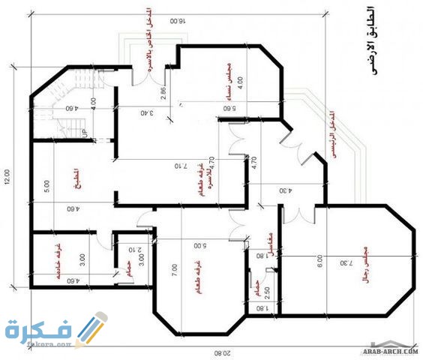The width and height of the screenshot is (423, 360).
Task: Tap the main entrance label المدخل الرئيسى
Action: pyautogui.click(x=330, y=135)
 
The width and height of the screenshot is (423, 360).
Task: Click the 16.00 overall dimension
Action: pyautogui.click(x=178, y=22)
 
